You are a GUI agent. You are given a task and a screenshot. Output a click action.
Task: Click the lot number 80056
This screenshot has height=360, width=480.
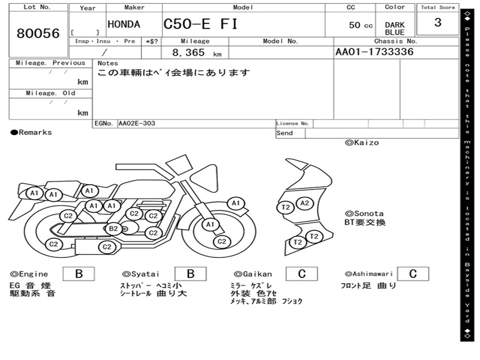[38, 34]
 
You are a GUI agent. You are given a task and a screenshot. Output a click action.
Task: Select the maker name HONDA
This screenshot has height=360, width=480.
[124, 24]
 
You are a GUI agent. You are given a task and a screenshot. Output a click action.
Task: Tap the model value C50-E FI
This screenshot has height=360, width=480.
[200, 24]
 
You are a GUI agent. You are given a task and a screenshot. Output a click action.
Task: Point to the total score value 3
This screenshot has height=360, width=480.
[437, 22]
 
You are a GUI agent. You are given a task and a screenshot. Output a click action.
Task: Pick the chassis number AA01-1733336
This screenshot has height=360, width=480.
[375, 52]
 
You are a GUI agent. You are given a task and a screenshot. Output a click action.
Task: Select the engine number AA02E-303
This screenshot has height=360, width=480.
[136, 123]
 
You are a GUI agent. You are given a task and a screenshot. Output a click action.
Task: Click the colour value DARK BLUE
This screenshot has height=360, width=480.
[395, 29]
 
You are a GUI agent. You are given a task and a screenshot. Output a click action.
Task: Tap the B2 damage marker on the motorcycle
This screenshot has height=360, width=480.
[113, 229]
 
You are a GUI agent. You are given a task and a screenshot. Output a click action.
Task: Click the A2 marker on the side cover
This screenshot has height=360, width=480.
[305, 203]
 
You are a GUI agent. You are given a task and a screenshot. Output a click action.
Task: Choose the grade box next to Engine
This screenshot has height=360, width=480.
[79, 274]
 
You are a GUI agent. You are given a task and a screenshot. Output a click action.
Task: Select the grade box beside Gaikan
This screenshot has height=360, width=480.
[302, 274]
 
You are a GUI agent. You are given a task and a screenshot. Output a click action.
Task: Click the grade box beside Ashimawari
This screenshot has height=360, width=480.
[412, 274]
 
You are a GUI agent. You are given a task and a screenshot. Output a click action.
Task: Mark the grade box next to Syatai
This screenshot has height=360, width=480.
[190, 274]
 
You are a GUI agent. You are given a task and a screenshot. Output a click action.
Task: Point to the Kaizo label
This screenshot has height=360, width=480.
[362, 142]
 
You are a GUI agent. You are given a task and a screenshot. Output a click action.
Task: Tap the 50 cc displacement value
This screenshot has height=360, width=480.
[360, 25]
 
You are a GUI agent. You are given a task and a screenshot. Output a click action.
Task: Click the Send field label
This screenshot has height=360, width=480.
[285, 133]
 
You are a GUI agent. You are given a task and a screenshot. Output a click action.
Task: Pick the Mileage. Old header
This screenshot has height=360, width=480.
[50, 93]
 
